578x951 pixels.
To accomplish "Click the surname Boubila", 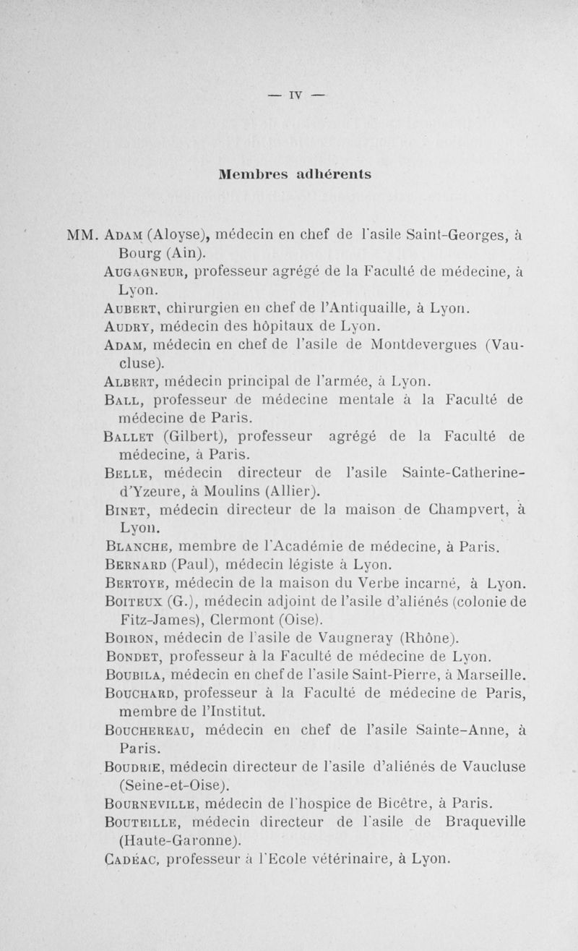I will (x=137, y=675).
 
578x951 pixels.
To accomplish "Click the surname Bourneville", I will (x=153, y=803).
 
